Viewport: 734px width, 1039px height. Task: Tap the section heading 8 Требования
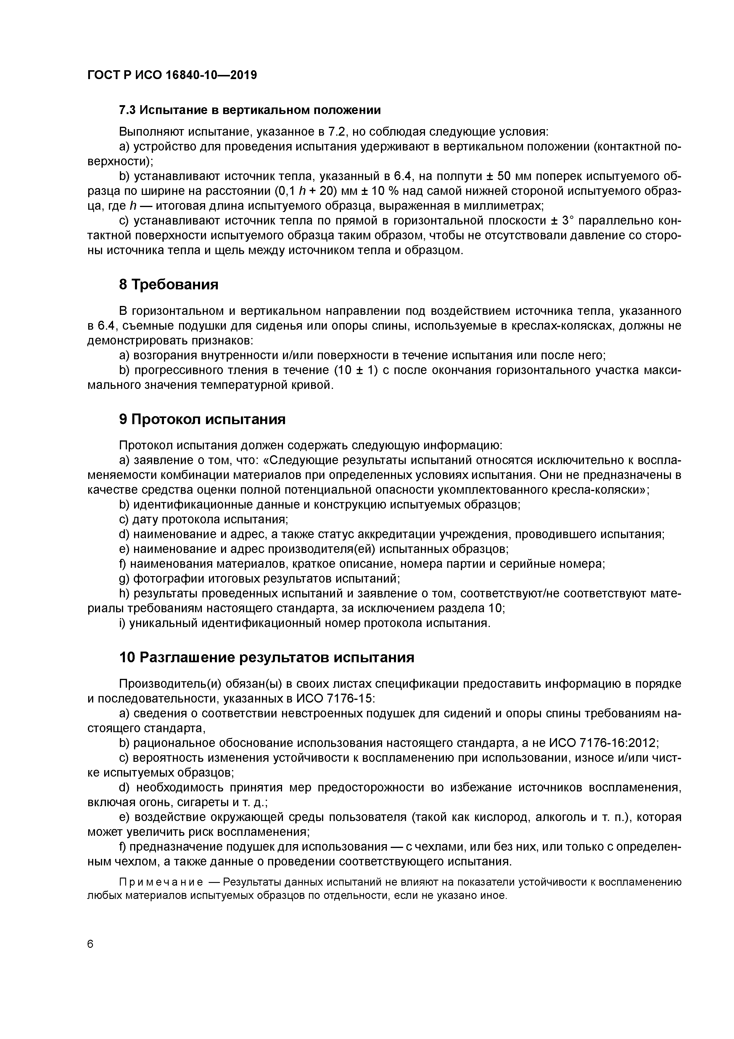point(169,285)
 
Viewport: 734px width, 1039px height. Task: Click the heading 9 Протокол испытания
point(202,419)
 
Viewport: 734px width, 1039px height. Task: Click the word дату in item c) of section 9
point(145,519)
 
